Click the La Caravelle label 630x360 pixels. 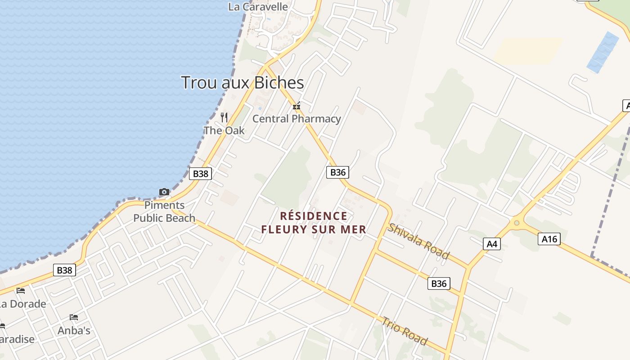258,7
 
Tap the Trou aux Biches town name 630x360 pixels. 242,83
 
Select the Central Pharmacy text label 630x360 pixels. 297,119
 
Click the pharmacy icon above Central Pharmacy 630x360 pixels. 297,106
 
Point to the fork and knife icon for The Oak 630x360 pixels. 224,117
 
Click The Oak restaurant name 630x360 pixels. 224,130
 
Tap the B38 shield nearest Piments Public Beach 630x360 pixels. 200,174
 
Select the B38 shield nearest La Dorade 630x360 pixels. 64,270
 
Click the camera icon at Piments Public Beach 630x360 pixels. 164,192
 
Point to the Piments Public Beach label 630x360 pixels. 164,211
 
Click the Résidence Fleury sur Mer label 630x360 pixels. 314,223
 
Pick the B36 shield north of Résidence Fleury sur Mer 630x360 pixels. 337,172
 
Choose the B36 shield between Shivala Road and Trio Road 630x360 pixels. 439,283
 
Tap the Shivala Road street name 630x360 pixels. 418,241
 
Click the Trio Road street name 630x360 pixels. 405,331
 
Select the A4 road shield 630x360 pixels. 492,244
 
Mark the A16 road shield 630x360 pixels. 549,239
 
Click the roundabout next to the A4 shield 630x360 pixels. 517,222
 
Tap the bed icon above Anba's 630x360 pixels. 74,317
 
